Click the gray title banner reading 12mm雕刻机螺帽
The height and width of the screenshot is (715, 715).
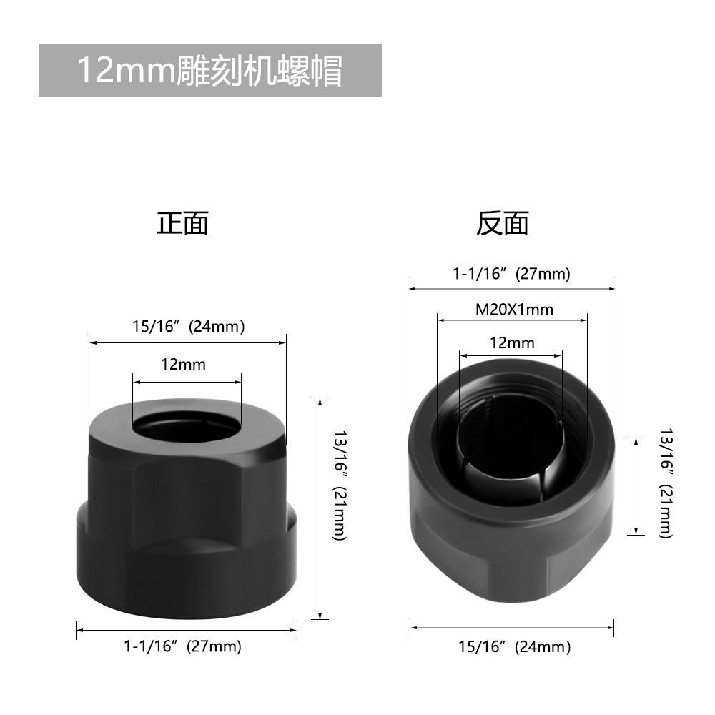pyautogui.click(x=209, y=70)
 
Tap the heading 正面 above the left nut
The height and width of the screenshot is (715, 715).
pyautogui.click(x=182, y=223)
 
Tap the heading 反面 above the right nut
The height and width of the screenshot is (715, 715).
pyautogui.click(x=503, y=223)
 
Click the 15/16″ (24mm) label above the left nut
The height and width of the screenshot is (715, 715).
pyautogui.click(x=188, y=327)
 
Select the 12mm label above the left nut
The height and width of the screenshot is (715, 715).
pyautogui.click(x=183, y=365)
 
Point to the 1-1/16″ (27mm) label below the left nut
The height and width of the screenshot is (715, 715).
pyautogui.click(x=182, y=646)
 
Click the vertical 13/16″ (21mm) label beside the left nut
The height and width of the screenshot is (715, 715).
pyautogui.click(x=340, y=485)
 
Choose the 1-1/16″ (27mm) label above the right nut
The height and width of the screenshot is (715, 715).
pyautogui.click(x=511, y=274)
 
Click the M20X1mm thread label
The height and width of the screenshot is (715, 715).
pyautogui.click(x=514, y=310)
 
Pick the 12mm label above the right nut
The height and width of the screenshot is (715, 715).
pyautogui.click(x=512, y=343)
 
